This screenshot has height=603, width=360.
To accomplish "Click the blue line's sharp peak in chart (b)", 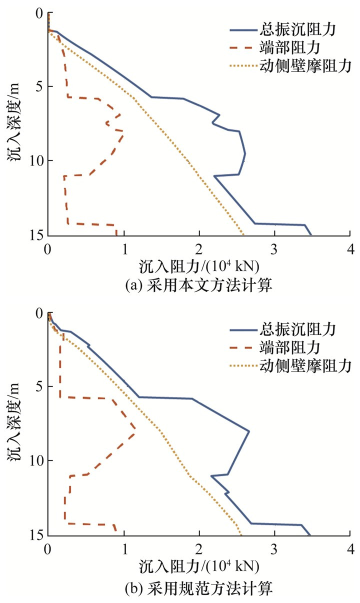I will click(249, 431).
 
